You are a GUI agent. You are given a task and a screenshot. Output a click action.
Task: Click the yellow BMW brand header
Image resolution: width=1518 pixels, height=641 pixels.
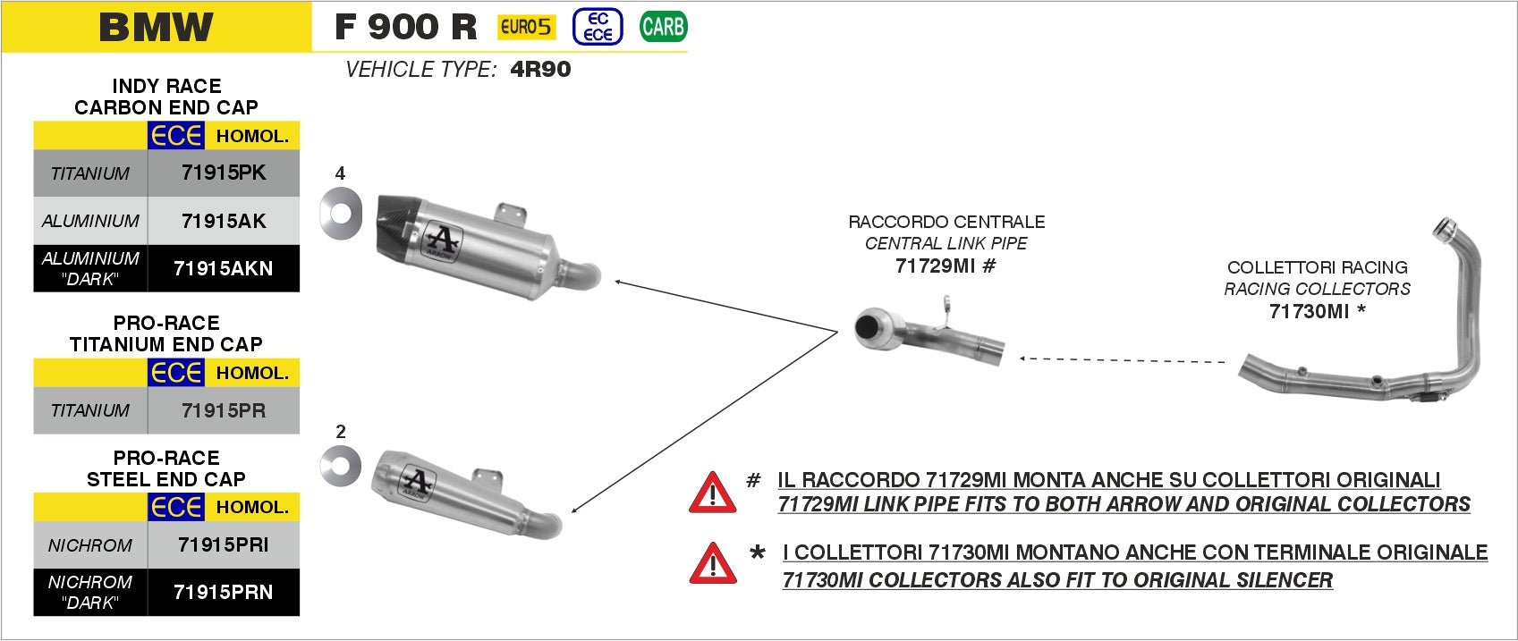(x=157, y=27)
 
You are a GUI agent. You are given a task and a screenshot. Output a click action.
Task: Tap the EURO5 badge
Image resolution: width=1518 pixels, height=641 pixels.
(x=526, y=27)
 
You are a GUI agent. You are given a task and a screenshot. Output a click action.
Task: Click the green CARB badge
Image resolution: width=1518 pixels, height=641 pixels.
(x=663, y=27)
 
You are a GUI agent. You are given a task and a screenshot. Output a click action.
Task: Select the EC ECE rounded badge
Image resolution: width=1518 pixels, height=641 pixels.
(x=598, y=27)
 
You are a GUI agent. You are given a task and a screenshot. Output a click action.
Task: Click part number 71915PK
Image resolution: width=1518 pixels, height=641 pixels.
(x=224, y=173)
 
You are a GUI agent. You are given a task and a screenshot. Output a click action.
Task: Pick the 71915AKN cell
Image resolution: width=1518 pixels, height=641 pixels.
(x=224, y=268)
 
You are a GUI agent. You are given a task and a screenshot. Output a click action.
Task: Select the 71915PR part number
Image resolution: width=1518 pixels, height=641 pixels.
(x=224, y=410)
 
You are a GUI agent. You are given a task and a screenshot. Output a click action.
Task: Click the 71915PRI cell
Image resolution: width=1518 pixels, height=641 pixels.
(x=224, y=544)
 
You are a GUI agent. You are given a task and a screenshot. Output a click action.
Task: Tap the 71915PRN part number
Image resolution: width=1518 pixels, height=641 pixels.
(x=224, y=592)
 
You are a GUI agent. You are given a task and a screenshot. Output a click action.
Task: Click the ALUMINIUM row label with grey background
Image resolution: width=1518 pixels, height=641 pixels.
(x=90, y=221)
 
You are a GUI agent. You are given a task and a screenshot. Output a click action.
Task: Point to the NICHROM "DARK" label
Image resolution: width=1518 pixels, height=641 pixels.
(x=90, y=592)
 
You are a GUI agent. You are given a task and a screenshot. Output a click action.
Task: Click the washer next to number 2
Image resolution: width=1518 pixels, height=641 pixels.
(x=341, y=466)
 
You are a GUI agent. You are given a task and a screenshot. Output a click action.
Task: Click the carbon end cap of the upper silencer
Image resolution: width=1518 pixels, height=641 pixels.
(x=390, y=228)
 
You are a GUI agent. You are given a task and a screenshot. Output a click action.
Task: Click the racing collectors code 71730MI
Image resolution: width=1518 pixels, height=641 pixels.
(x=1309, y=311)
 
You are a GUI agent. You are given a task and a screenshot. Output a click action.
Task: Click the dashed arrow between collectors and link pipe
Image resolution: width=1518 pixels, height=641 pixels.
(x=1123, y=360)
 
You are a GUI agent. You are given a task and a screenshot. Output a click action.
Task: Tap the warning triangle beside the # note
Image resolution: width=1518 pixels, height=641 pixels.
(x=712, y=493)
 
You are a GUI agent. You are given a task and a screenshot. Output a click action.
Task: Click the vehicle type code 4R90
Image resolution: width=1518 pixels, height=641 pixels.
(x=540, y=70)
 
